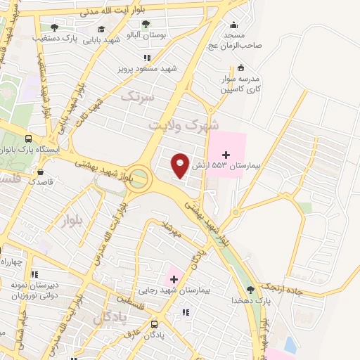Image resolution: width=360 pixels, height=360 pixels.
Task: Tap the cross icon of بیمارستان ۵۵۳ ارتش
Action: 225,154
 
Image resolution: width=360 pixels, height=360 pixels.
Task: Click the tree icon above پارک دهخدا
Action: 251,290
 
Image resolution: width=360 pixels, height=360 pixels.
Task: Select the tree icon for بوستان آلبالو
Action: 146,24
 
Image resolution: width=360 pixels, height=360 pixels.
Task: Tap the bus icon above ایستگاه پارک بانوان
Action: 28,139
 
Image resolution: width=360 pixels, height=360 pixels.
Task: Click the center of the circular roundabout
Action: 140,178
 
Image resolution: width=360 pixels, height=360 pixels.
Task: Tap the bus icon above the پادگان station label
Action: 155,324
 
